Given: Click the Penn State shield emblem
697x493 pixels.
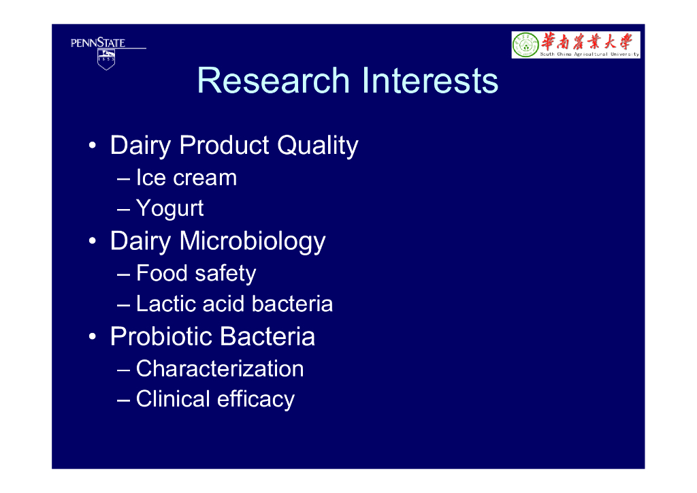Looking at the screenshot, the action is click(x=106, y=59).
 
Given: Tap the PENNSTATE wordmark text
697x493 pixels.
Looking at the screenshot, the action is click(x=98, y=43).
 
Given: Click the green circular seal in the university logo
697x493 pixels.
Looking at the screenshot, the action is click(x=526, y=45).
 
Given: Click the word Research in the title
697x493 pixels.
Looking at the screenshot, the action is click(x=274, y=80).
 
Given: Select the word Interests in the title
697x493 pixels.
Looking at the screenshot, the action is click(x=430, y=80).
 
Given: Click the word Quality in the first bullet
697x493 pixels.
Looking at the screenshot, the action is click(x=318, y=146).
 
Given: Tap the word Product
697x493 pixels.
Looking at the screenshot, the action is click(x=225, y=145).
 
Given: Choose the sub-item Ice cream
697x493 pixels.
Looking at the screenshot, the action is click(x=187, y=178).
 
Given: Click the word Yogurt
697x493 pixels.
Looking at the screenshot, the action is click(x=169, y=209).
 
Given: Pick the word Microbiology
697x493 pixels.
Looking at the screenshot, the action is click(x=253, y=242).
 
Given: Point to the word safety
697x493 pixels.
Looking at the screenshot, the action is click(x=225, y=274).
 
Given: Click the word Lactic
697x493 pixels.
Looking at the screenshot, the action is click(x=166, y=304).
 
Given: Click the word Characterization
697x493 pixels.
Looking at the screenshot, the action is click(x=220, y=369).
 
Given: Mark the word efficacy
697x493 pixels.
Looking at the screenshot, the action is click(x=256, y=400).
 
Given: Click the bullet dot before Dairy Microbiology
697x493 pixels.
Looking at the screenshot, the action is click(x=92, y=241).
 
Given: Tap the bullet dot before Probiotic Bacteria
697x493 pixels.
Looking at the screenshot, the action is click(x=92, y=336).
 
